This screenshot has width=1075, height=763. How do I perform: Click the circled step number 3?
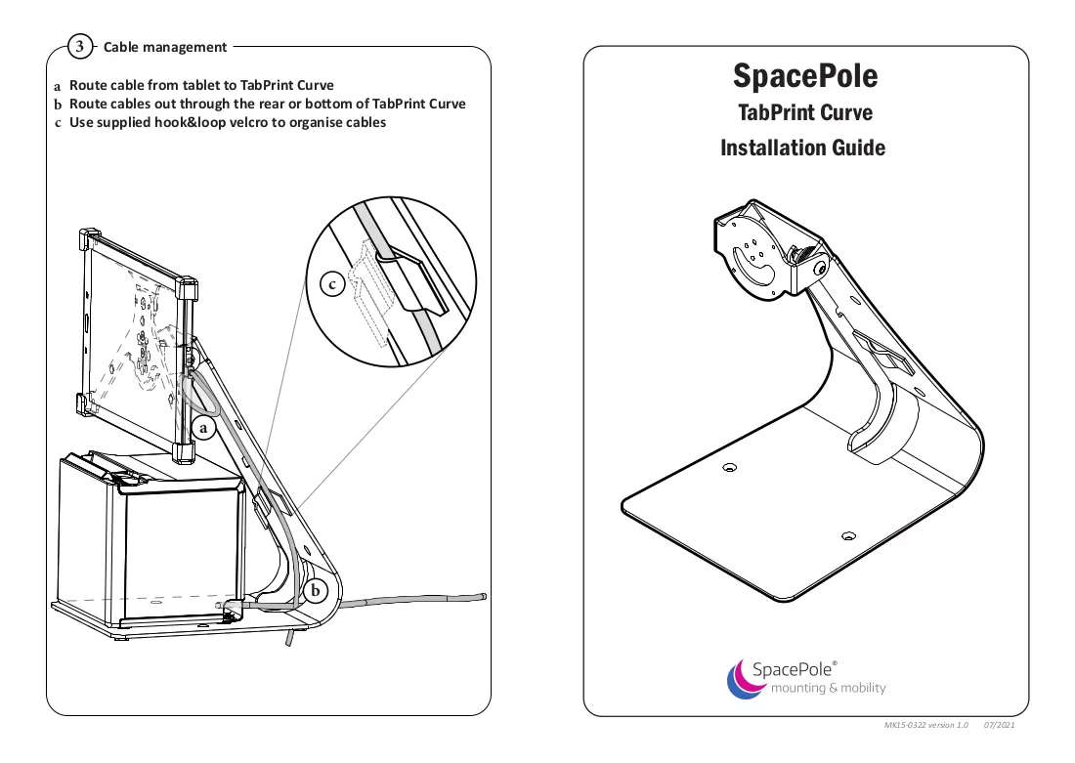[x=80, y=47]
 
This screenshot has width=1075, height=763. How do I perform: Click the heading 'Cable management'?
[x=164, y=47]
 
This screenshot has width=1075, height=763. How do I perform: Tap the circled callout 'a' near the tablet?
[x=203, y=429]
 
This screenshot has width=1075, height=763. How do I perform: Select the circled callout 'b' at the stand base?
[x=316, y=590]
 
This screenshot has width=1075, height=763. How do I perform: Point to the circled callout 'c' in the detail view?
[x=332, y=284]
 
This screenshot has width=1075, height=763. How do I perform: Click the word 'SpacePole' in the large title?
[x=805, y=76]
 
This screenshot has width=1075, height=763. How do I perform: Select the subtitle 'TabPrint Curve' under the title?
[x=805, y=112]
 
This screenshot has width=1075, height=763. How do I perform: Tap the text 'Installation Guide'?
[x=802, y=148]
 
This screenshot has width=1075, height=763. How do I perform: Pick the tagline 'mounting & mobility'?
[x=828, y=688]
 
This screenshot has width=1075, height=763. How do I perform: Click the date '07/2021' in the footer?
[x=999, y=725]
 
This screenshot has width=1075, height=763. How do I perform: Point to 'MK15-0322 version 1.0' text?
[x=926, y=725]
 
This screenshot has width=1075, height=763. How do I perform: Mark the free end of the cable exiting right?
[x=484, y=596]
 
